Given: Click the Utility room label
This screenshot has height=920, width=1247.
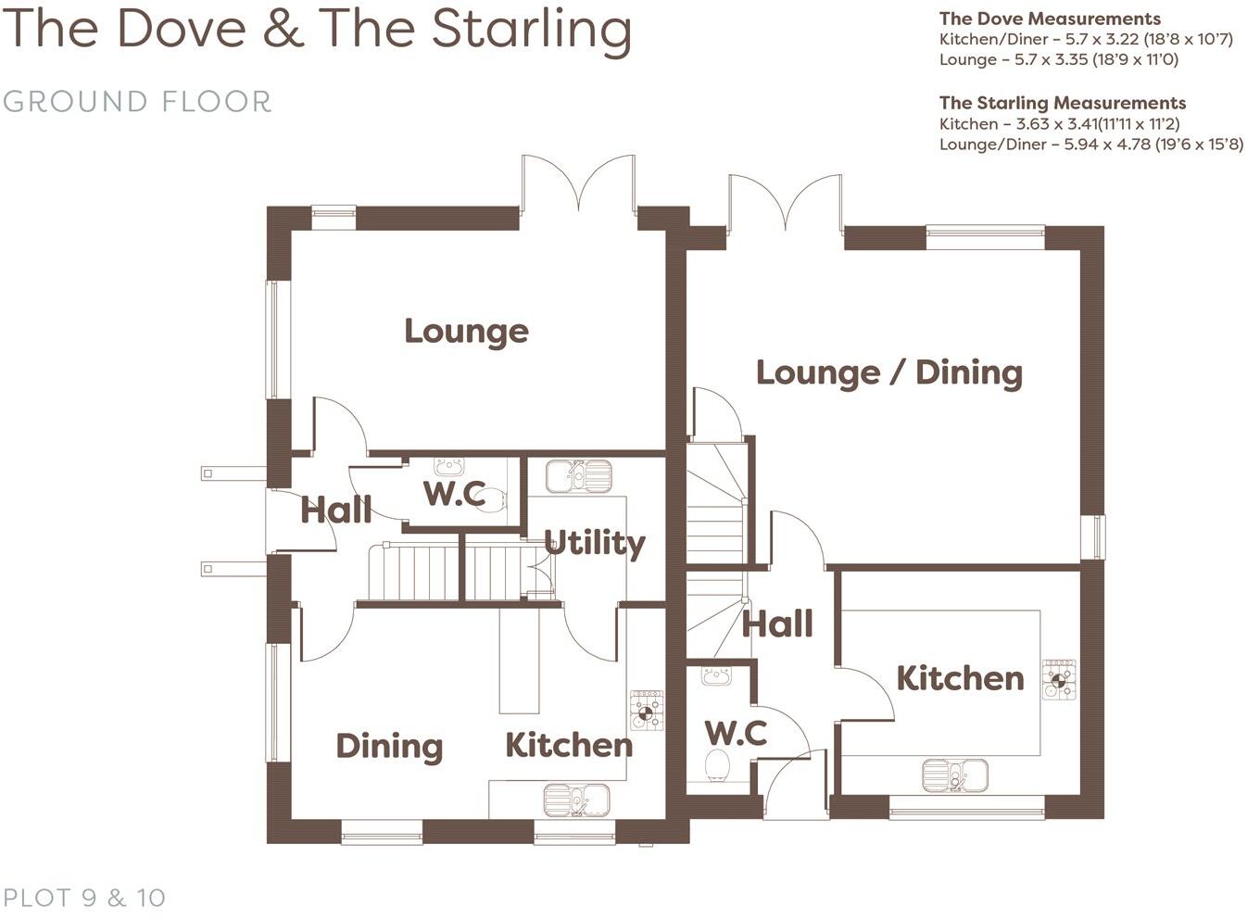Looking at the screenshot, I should (594, 543).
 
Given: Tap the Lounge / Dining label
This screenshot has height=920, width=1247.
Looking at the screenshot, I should (889, 372).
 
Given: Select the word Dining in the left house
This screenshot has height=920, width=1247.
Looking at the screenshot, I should (389, 746).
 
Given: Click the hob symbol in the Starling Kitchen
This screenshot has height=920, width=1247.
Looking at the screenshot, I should (1059, 680).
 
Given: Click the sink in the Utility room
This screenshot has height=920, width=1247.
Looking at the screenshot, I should (578, 476).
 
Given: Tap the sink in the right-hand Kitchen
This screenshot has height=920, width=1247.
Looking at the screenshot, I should (954, 775).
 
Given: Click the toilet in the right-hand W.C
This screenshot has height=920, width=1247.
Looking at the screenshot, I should (717, 767).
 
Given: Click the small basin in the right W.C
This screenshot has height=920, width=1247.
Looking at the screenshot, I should (716, 676).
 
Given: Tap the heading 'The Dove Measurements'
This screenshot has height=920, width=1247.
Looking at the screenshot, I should (1049, 19).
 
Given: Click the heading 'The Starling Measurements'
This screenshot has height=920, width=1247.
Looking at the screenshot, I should (1062, 103).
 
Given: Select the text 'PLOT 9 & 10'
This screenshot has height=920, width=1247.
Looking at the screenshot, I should (84, 897).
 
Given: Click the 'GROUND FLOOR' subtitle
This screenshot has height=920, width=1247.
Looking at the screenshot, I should (137, 101).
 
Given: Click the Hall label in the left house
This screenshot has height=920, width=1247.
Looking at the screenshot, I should (335, 510).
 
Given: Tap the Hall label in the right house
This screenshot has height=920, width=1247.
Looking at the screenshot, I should (777, 624).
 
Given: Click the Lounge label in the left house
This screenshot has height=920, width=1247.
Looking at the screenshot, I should (466, 331).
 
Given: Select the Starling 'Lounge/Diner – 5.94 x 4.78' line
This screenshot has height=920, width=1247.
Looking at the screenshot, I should (1090, 145).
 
